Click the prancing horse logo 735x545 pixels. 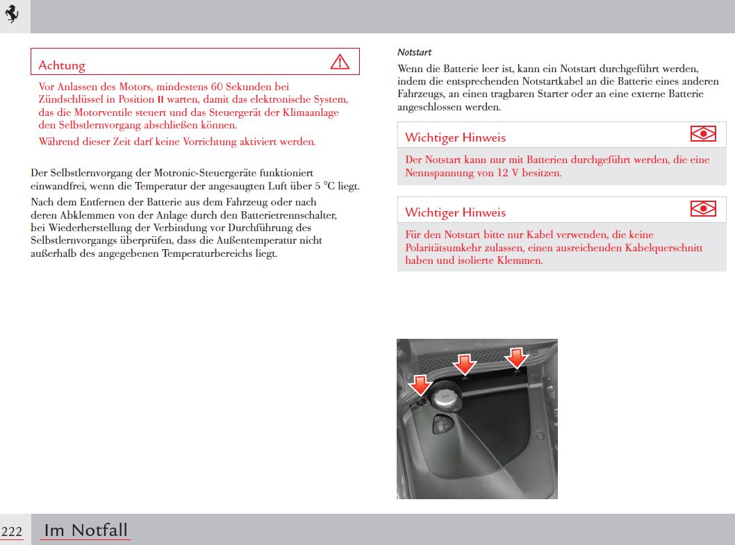tap(12, 14)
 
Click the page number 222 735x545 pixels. tap(11, 532)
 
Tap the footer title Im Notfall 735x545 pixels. tap(85, 530)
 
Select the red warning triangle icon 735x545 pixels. tap(340, 62)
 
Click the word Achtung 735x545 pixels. tap(62, 65)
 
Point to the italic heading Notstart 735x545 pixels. tap(415, 52)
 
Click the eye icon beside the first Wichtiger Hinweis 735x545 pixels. tap(703, 134)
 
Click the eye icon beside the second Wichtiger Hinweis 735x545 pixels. tap(703, 208)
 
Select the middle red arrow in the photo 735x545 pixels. tap(465, 364)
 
